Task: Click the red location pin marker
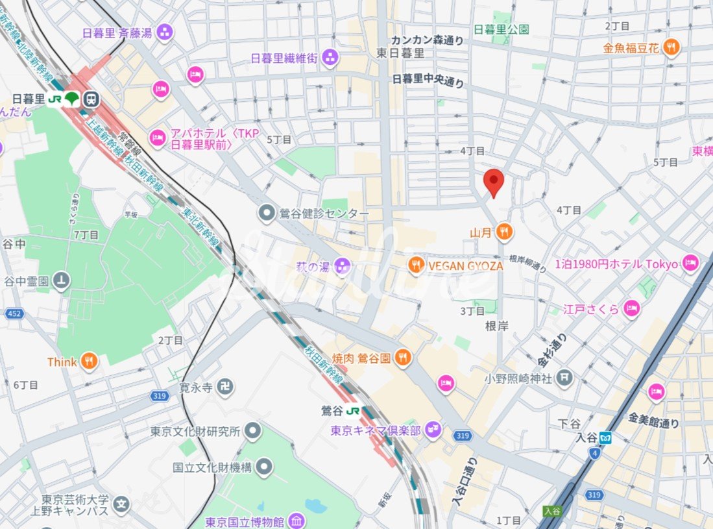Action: coord(494,182)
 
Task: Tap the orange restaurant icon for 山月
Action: coord(504,231)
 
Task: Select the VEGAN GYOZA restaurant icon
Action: coord(417,265)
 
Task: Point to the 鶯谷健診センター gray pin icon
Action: coord(266,214)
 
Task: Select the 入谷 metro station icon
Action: coord(605,437)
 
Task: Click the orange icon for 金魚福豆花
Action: coord(671,47)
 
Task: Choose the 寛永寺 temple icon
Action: coord(225,388)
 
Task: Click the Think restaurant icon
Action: coord(90,362)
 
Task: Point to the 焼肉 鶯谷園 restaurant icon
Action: coord(403,358)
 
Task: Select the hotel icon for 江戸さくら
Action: coord(631,309)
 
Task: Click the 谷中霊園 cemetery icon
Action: coord(62,280)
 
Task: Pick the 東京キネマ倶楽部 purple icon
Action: coord(433,430)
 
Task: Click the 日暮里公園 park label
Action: coord(501,29)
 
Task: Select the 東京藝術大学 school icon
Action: coord(121,504)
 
